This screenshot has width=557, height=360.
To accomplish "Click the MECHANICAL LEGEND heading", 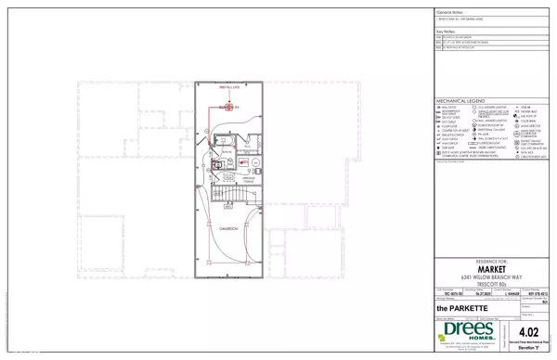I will pyautogui.click(x=460, y=101).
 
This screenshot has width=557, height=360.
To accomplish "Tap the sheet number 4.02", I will pyautogui.click(x=530, y=331).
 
